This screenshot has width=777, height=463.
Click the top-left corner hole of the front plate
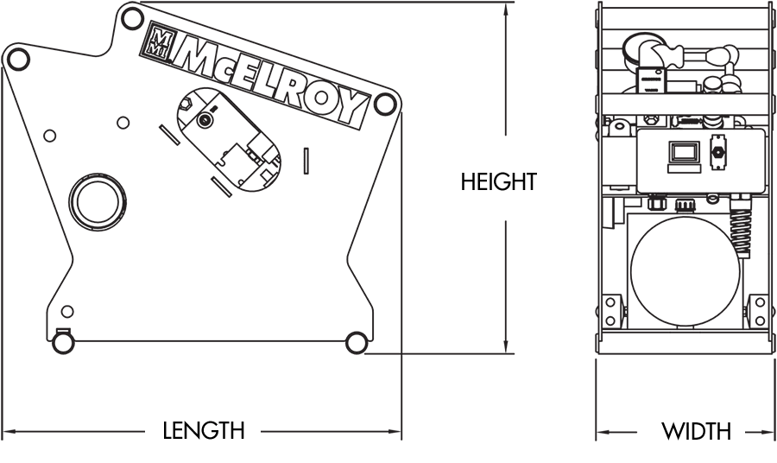click(16, 57)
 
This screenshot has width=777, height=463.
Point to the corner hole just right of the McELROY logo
click(387, 105)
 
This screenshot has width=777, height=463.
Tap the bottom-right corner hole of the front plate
click(354, 342)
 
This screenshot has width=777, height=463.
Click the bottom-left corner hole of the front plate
click(62, 340)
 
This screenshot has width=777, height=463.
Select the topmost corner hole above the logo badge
click(131, 16)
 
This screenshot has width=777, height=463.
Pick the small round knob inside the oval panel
click(205, 122)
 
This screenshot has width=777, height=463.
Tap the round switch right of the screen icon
click(717, 154)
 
